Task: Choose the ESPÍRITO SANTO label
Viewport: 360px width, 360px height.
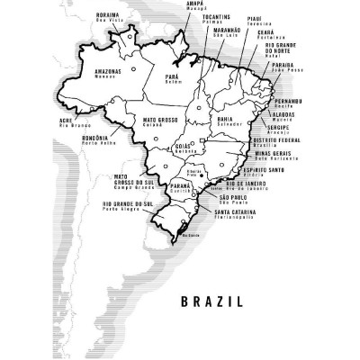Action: [x=267, y=168]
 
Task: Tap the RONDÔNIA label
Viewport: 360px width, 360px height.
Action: [x=96, y=136]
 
